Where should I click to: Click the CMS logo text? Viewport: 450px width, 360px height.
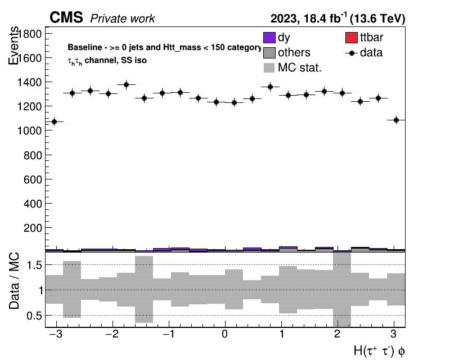pyautogui.click(x=66, y=17)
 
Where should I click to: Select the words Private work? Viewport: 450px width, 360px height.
pyautogui.click(x=123, y=19)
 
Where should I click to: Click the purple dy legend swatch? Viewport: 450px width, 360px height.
pyautogui.click(x=269, y=38)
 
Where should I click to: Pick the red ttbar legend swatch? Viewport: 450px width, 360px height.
pyautogui.click(x=351, y=38)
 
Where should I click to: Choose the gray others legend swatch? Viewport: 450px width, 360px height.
pyautogui.click(x=269, y=53)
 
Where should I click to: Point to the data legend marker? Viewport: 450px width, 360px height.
pyautogui.click(x=351, y=53)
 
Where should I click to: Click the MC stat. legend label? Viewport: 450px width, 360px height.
pyautogui.click(x=300, y=67)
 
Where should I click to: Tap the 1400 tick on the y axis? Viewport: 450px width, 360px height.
pyautogui.click(x=30, y=82)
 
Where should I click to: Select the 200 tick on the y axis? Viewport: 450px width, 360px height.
pyautogui.click(x=33, y=228)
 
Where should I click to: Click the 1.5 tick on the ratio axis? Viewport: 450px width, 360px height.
pyautogui.click(x=34, y=265)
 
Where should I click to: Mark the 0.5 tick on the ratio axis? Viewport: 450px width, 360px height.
pyautogui.click(x=34, y=316)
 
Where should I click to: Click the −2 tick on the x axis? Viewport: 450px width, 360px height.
pyautogui.click(x=112, y=334)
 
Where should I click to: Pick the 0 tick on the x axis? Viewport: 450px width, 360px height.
pyautogui.click(x=224, y=334)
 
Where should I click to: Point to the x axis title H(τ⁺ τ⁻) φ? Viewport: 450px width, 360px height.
pyautogui.click(x=379, y=351)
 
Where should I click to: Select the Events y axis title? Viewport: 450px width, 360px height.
pyautogui.click(x=13, y=46)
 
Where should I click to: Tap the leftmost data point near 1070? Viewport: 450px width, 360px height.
pyautogui.click(x=54, y=121)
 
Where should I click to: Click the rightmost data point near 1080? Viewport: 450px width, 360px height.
pyautogui.click(x=397, y=120)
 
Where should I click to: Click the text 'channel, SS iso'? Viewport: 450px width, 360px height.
pyautogui.click(x=115, y=60)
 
